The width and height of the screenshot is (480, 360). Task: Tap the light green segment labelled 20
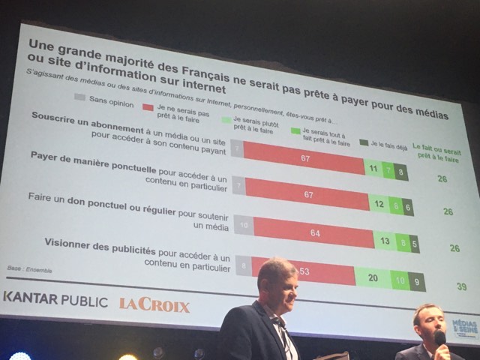coord(373,276)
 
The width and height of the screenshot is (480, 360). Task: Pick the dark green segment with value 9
coord(417,283)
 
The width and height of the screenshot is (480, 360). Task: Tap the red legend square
coord(148,106)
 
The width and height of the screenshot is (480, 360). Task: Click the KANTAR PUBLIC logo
coord(55,298)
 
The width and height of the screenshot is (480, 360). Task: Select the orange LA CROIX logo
coord(154,304)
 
